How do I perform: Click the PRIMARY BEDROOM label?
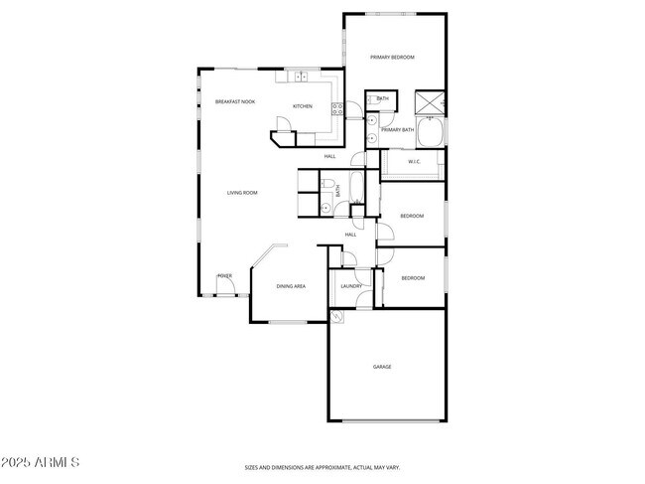click(x=392, y=58)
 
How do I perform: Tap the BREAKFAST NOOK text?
click(x=235, y=102)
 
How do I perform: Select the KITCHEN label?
click(x=303, y=106)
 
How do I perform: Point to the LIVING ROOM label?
click(x=242, y=193)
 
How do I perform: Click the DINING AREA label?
click(x=291, y=286)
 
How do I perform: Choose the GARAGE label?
click(x=382, y=367)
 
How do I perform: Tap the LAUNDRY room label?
click(x=351, y=286)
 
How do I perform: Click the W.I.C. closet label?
click(x=415, y=162)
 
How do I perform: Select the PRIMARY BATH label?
click(x=397, y=130)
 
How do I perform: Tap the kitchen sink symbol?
click(x=300, y=76)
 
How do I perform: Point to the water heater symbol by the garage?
click(x=338, y=316)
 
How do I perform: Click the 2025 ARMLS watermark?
click(x=40, y=463)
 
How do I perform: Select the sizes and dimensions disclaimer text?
click(x=322, y=467)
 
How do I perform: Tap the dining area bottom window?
click(x=289, y=322)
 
